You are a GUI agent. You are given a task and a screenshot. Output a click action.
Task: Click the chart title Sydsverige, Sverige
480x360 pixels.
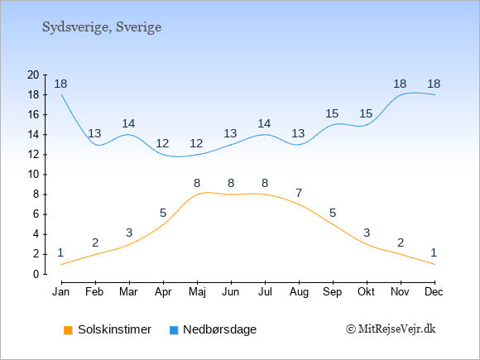pyautogui.click(x=102, y=27)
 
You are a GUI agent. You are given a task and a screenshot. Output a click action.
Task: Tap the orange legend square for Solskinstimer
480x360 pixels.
pyautogui.click(x=68, y=330)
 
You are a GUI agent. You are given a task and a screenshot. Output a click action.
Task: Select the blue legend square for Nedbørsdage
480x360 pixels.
pyautogui.click(x=174, y=330)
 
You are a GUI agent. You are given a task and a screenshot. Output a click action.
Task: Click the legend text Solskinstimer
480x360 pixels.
pyautogui.click(x=114, y=329)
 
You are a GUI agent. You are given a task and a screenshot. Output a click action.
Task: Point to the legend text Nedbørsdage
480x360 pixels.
pyautogui.click(x=220, y=329)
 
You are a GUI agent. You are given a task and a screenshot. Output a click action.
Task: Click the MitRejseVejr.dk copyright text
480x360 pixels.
pyautogui.click(x=391, y=329)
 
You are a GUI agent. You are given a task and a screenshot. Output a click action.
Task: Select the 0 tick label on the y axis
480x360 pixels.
pyautogui.click(x=36, y=274)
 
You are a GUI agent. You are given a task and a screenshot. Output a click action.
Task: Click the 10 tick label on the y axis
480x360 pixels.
pyautogui.click(x=33, y=175)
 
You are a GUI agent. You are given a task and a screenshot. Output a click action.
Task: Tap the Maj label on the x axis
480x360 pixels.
pyautogui.click(x=197, y=292)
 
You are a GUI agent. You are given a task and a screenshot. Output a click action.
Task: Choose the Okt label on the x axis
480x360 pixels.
pyautogui.click(x=366, y=292)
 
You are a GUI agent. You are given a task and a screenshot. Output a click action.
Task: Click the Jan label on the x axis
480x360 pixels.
pyautogui.click(x=61, y=292)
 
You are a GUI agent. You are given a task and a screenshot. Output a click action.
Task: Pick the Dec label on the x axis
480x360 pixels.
pyautogui.click(x=434, y=292)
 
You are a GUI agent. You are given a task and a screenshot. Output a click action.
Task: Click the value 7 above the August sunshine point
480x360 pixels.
pyautogui.click(x=299, y=193)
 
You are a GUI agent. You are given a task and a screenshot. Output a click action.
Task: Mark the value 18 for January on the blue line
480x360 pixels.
pyautogui.click(x=60, y=84)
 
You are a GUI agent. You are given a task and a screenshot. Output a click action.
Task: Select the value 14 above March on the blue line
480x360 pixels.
pyautogui.click(x=128, y=123)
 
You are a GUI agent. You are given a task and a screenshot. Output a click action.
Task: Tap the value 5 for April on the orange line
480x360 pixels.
pyautogui.click(x=163, y=213)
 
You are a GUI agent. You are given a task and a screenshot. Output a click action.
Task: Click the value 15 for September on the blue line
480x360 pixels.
pyautogui.click(x=332, y=114)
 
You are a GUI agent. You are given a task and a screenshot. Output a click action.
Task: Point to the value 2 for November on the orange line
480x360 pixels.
pyautogui.click(x=401, y=242)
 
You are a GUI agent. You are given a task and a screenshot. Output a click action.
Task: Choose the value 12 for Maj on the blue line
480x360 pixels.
pyautogui.click(x=196, y=143)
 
